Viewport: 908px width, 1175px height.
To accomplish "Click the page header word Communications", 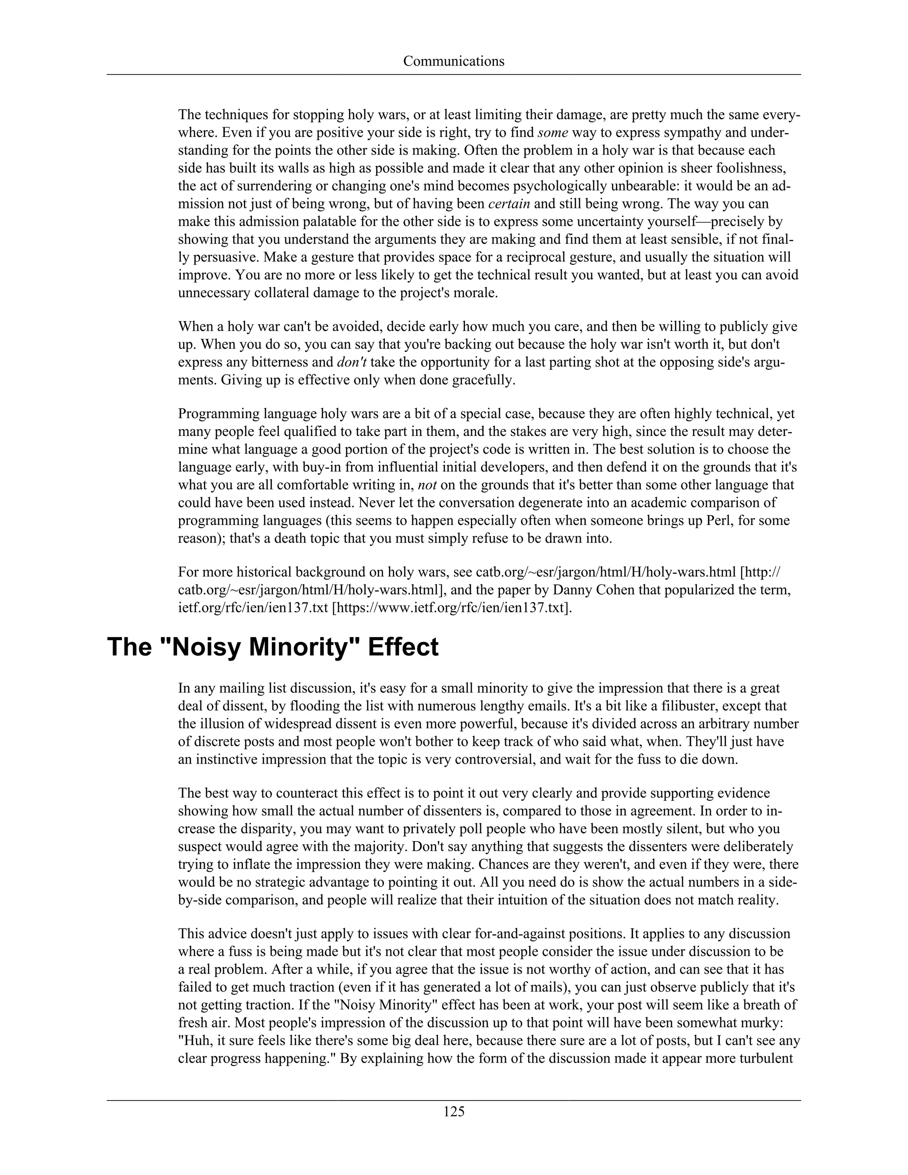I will point(454,61).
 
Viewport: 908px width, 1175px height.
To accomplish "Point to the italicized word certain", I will point(509,204).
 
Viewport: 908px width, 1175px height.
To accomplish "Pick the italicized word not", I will point(427,485).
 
